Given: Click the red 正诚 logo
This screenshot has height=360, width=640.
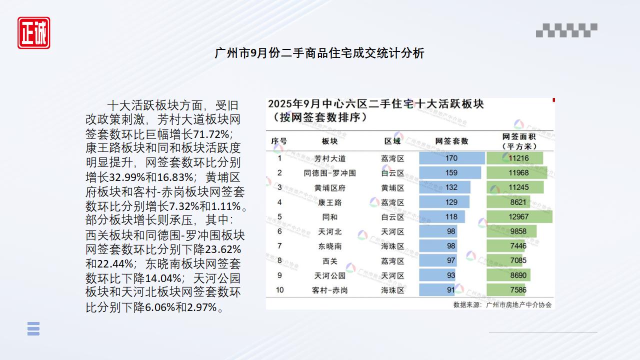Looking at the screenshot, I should (x=34, y=33).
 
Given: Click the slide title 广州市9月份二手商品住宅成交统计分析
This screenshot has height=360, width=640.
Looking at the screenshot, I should (x=319, y=53).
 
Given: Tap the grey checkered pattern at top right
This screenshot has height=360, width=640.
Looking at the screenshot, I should (x=566, y=30).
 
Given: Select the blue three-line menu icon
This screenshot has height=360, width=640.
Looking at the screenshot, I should (x=33, y=328).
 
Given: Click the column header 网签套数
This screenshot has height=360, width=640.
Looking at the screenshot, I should (x=451, y=141).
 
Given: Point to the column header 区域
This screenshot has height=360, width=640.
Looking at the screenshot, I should (x=392, y=141).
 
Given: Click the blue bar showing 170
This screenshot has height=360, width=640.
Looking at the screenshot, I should (x=451, y=158).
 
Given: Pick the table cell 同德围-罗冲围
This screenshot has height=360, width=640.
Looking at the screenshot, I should (x=329, y=173).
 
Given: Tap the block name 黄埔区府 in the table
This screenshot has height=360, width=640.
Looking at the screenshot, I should (x=329, y=187).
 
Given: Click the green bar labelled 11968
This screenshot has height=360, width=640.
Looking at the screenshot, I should (x=516, y=173).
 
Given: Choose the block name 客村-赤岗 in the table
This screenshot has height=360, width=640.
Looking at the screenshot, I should (x=329, y=290).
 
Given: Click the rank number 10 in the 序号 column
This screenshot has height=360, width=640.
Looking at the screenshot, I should (x=279, y=290).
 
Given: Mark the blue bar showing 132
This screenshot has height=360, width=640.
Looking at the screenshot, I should (x=444, y=187).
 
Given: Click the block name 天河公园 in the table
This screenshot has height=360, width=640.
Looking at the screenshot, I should (x=329, y=275).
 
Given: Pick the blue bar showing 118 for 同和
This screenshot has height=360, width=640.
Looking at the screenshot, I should (x=442, y=217).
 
